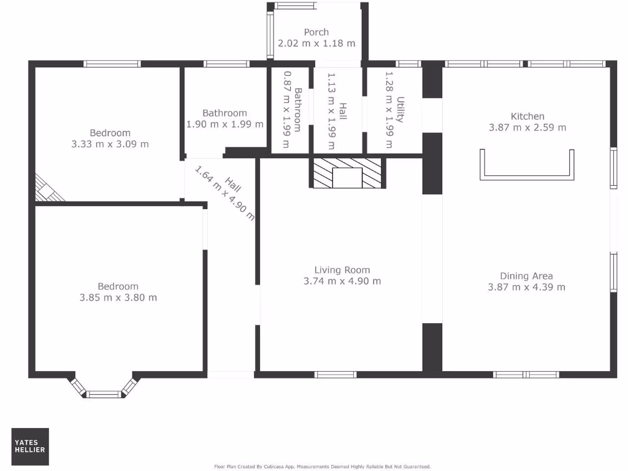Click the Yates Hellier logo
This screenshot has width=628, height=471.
click(30, 446)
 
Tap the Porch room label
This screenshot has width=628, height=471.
click(316, 32)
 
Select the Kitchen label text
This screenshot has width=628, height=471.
click(527, 116)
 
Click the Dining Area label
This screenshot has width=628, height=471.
click(526, 275)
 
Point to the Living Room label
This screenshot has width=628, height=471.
click(342, 270)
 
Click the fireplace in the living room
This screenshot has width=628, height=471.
click(347, 173)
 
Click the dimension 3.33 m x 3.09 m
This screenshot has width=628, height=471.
click(110, 144)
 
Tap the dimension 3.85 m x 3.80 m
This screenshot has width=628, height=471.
click(118, 297)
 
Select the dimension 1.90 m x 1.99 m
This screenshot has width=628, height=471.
click(224, 124)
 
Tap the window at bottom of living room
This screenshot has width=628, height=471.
click(335, 374)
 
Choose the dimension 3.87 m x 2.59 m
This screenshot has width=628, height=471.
click(527, 128)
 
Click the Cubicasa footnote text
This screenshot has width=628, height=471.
click(322, 467)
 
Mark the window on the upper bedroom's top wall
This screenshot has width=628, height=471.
click(112, 63)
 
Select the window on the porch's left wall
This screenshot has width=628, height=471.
click(270, 36)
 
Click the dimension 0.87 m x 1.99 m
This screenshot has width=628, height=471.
click(286, 109)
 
